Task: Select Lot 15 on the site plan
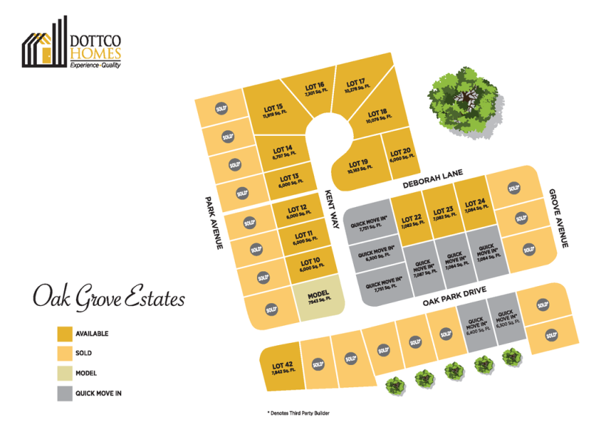[x=274, y=111]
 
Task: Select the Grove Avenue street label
[x=561, y=217]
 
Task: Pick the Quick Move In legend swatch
[x=65, y=393]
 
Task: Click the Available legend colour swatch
[x=65, y=333]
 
